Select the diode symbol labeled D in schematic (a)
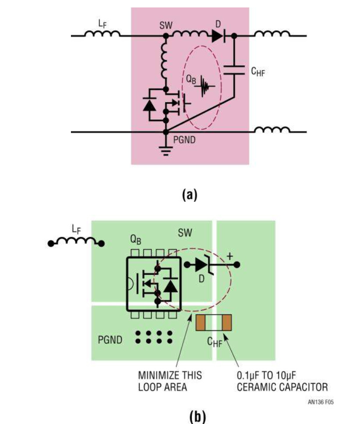coord(218,36)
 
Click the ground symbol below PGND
coord(166,152)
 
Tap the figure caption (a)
coord(190,194)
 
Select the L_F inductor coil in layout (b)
coord(77,241)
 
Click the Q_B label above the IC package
coord(135,239)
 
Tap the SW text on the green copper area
coord(185,233)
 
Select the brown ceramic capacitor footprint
coord(214,323)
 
